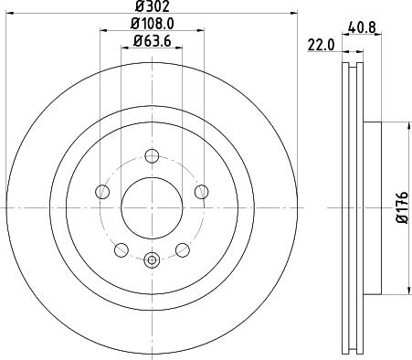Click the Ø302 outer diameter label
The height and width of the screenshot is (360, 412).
(x=152, y=7)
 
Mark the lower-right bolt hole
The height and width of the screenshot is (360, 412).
(x=182, y=249)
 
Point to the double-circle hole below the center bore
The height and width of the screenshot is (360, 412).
(x=152, y=260)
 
